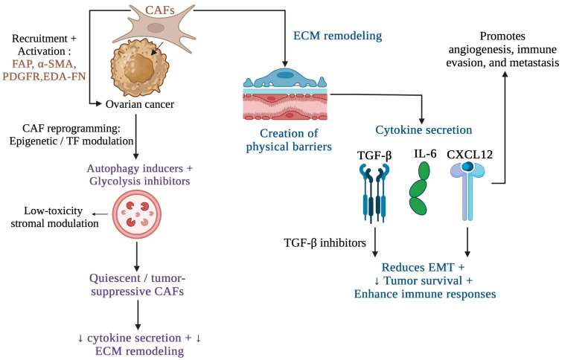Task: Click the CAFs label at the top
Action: point(160,10)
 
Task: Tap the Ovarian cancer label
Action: point(140,104)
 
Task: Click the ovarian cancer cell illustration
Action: point(139,68)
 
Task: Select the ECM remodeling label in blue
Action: point(338,36)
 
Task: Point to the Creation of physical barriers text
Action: point(289,140)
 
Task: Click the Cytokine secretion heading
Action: point(424,129)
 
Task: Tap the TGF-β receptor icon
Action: point(374,193)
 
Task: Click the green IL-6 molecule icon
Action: point(419,188)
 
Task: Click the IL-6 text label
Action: point(425,154)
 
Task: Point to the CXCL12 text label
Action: point(470,155)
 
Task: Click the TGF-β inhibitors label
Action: point(325,243)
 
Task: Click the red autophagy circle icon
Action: point(137,214)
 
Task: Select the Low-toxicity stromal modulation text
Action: point(54,217)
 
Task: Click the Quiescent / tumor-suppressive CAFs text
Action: point(137,285)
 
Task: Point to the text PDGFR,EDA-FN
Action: point(44,77)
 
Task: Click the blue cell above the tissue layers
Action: point(285,78)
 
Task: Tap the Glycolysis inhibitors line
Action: point(140,181)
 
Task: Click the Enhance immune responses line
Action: point(425,294)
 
